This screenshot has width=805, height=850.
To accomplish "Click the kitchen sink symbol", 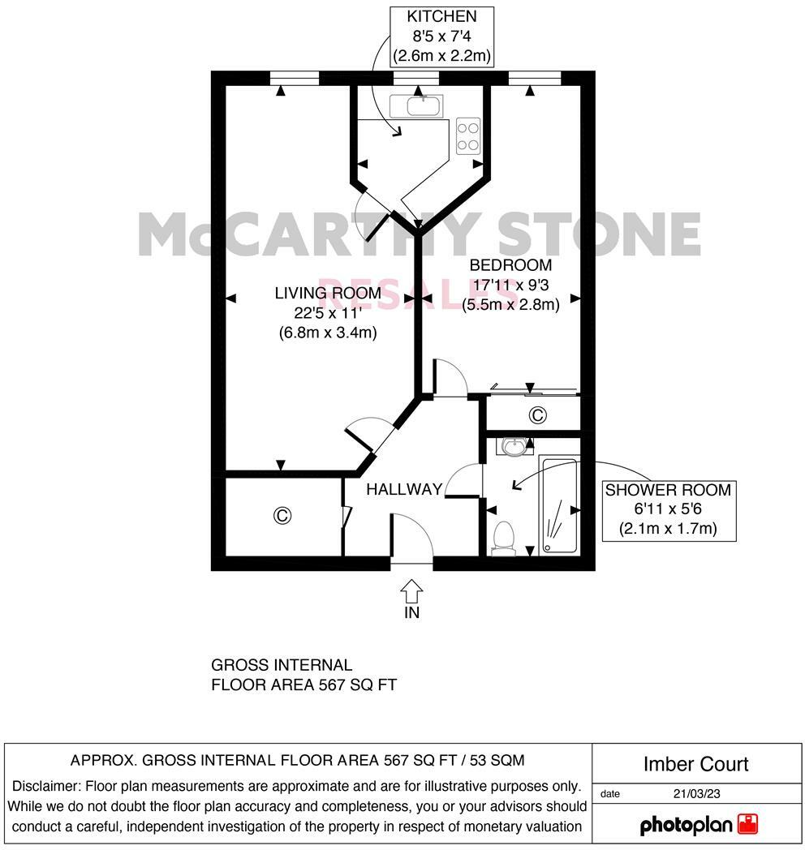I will coord(416,105).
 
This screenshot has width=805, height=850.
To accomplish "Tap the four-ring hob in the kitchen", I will coord(468,135).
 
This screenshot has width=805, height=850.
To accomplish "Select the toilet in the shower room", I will coord(504,538).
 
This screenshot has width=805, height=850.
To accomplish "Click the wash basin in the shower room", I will coord(512,445).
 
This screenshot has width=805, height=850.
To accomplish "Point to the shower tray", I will coord(558,504).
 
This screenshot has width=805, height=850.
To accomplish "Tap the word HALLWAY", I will coord(404,489).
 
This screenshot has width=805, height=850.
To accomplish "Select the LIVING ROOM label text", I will coord(327,293).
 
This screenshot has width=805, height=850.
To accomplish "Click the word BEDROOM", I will coord(510,265).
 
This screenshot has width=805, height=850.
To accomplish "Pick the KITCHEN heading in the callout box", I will coord(441,16).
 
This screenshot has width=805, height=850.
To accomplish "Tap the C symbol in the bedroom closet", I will coord(536,415).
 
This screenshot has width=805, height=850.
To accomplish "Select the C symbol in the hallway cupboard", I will coord(282,515).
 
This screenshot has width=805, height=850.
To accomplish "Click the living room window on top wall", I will coord(295,78).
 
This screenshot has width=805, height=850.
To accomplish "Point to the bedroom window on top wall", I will coord(535,78).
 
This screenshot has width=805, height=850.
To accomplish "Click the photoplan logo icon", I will coord(747,825).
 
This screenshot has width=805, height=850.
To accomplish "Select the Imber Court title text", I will coord(695,764).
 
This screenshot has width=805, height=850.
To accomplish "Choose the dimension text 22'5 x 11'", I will coord(327,312).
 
